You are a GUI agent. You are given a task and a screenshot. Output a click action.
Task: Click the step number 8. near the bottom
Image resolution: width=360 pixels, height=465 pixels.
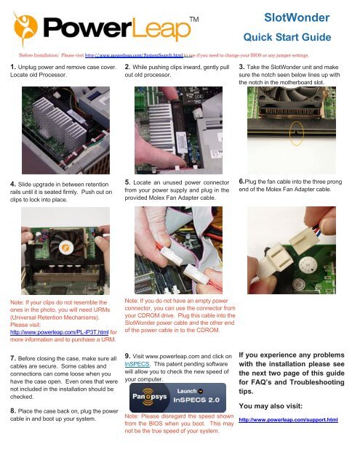(x=6, y=411)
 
